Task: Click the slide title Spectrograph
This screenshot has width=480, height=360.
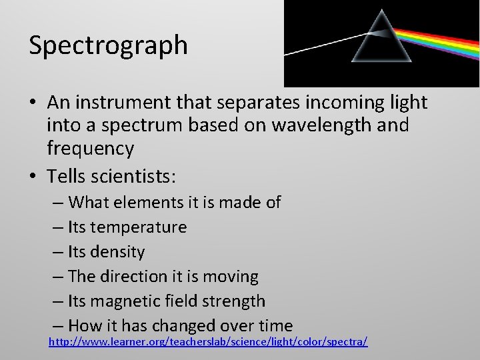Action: click(x=108, y=45)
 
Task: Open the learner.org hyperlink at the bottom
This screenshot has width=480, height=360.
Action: click(x=208, y=341)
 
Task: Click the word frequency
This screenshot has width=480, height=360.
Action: click(x=91, y=148)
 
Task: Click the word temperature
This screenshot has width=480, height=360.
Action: click(x=139, y=227)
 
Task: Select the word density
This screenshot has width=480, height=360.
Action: click(x=117, y=252)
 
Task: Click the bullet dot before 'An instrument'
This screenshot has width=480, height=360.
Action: click(x=33, y=103)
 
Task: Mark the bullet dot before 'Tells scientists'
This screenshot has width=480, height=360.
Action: click(x=33, y=177)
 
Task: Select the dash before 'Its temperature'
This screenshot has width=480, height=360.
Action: click(x=58, y=227)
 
